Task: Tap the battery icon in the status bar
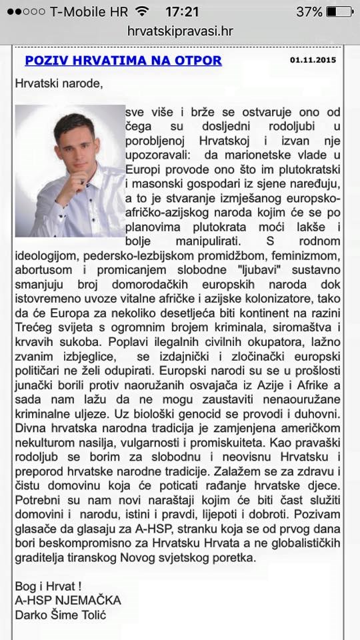(x=339, y=11)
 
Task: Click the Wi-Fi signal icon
(x=142, y=11)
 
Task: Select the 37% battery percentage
(x=309, y=11)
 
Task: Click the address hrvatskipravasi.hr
(x=180, y=31)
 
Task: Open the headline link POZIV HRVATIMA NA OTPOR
(x=123, y=61)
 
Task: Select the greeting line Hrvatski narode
(x=59, y=84)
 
